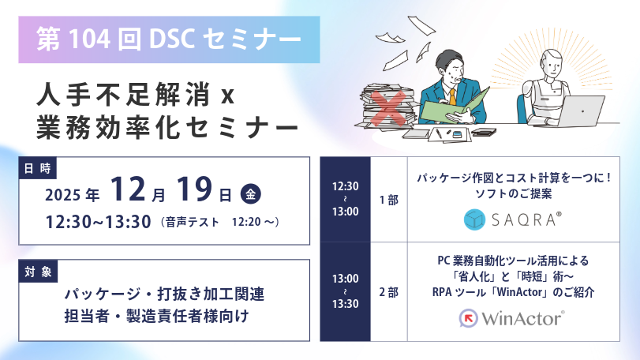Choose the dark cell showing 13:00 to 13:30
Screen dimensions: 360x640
(x=345, y=291)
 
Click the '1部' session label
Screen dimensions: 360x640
(x=388, y=201)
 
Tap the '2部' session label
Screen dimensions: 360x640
(x=388, y=292)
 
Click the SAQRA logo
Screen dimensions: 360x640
(x=512, y=219)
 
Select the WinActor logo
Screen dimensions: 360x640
(x=512, y=318)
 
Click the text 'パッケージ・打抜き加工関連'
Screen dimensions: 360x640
(x=164, y=294)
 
